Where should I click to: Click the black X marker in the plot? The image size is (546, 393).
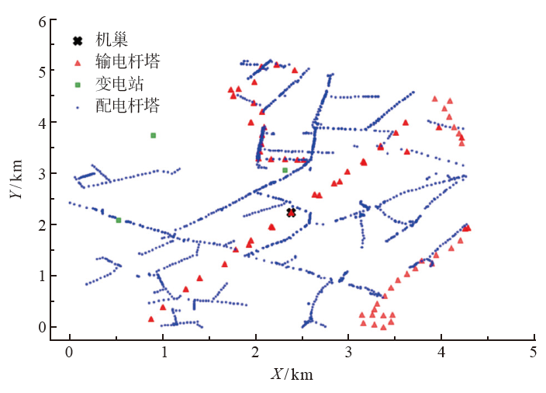(292, 212)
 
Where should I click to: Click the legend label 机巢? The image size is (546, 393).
(112, 40)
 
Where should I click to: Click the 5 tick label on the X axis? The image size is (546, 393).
(534, 353)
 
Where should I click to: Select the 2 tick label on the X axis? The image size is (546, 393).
(256, 353)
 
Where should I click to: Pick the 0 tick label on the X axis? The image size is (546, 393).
(70, 353)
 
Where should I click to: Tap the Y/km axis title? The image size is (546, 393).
(16, 180)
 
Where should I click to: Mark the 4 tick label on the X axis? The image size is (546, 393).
(441, 353)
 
